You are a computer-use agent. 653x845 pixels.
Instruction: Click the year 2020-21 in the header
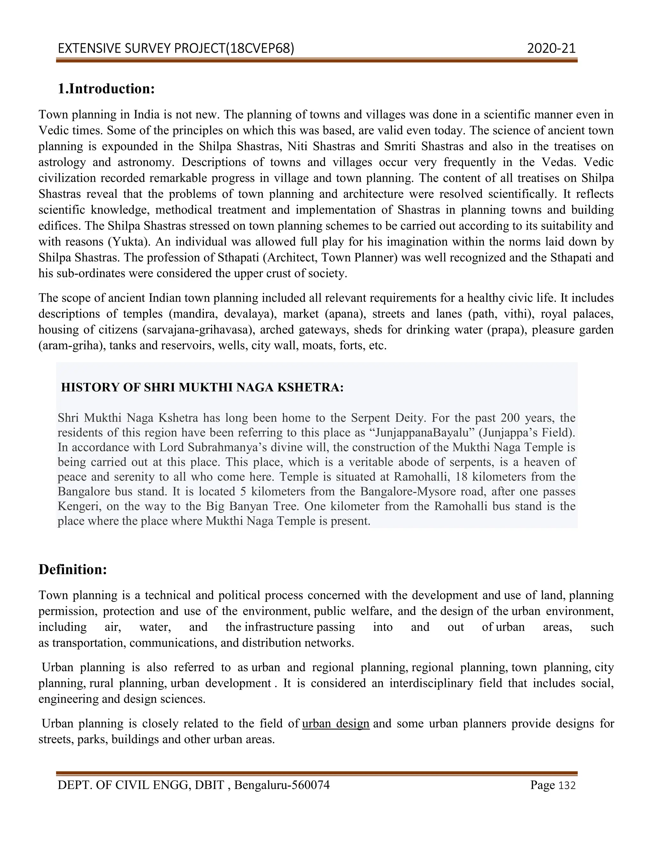tap(551, 48)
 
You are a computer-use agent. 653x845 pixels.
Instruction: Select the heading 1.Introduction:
tap(106, 89)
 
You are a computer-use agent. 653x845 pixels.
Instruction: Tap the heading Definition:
tap(73, 569)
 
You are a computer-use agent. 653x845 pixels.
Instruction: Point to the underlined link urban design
tap(335, 723)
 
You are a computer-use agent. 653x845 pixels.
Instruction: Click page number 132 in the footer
tap(567, 785)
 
